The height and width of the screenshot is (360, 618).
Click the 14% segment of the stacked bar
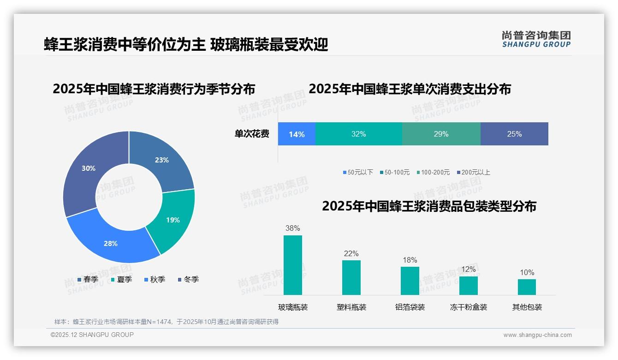pyautogui.click(x=297, y=134)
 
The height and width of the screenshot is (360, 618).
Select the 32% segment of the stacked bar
pyautogui.click(x=358, y=134)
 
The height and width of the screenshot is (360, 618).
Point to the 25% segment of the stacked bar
pyautogui.click(x=514, y=134)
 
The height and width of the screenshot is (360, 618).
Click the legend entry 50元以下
pyautogui.click(x=358, y=172)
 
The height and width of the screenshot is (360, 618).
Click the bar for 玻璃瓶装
pyautogui.click(x=293, y=265)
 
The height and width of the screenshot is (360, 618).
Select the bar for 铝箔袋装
pyautogui.click(x=410, y=281)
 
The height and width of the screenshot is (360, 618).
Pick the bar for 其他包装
pyautogui.click(x=527, y=287)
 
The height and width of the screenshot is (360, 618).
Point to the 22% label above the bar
pyautogui.click(x=351, y=253)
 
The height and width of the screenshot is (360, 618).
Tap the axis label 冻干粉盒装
pyautogui.click(x=468, y=307)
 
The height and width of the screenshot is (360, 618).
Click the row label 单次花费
pyautogui.click(x=252, y=134)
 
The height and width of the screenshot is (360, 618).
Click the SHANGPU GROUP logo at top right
pyautogui.click(x=536, y=39)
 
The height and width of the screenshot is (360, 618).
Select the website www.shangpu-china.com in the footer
pyautogui.click(x=537, y=335)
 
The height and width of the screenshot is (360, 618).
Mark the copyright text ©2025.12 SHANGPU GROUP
pyautogui.click(x=92, y=335)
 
